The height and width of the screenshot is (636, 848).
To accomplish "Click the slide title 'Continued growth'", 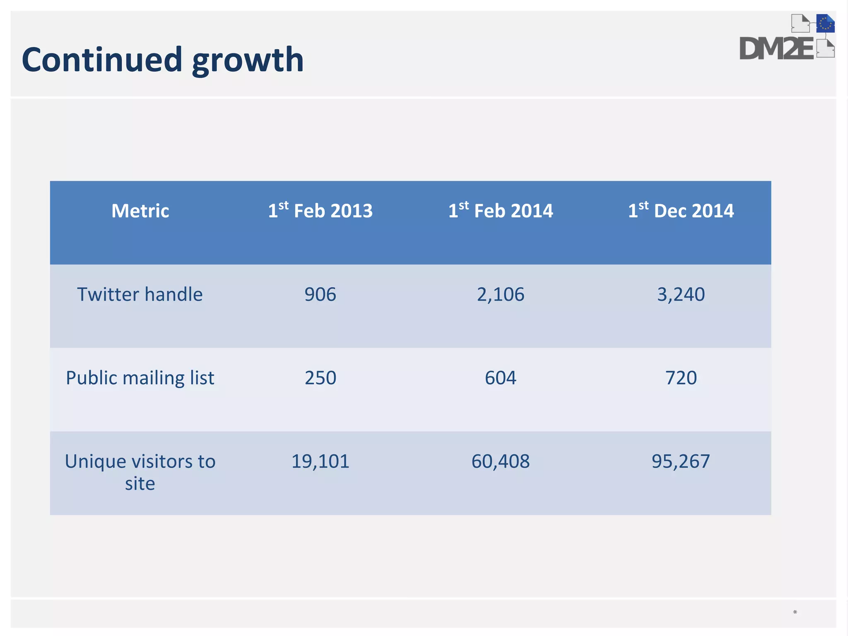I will pos(163,60).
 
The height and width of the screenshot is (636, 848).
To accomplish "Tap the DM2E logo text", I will pos(777,49).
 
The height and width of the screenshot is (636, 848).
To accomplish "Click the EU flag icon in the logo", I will pos(825,24).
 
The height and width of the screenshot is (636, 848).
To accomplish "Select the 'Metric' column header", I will pos(140,211).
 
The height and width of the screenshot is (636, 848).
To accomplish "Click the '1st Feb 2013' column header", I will pos(320,210).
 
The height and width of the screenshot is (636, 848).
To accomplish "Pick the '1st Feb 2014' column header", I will pos(501,210).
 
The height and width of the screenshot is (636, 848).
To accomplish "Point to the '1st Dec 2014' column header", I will pos(681,210).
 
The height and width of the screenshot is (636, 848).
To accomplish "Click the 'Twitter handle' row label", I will pos(140,294).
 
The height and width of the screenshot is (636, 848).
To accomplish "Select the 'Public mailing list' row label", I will pos(140,378).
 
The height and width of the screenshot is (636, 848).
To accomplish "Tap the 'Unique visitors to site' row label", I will pos(140,472).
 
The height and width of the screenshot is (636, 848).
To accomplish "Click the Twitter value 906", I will pos(320,294).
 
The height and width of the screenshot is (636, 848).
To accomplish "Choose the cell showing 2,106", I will pos(501,294).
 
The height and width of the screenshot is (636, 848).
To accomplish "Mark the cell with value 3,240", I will pos(681,294).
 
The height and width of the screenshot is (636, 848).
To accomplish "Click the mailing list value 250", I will pos(320,378).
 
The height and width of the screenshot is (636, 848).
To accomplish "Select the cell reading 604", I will pos(501,378).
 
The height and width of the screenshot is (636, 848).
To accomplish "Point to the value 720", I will pos(681,378).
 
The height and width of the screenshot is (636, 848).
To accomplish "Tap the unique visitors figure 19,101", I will pos(320,461).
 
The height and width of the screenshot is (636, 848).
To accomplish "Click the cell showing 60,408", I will pos(501,461).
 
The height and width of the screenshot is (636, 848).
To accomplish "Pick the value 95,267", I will pos(681,461).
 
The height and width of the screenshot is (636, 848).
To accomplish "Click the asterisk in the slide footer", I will pos(795,612).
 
